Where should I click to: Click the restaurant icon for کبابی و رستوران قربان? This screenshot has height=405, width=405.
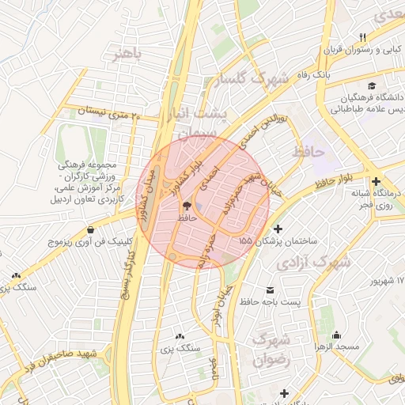pos(363,37)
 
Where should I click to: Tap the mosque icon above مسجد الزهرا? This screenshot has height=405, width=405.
pos(338,335)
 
